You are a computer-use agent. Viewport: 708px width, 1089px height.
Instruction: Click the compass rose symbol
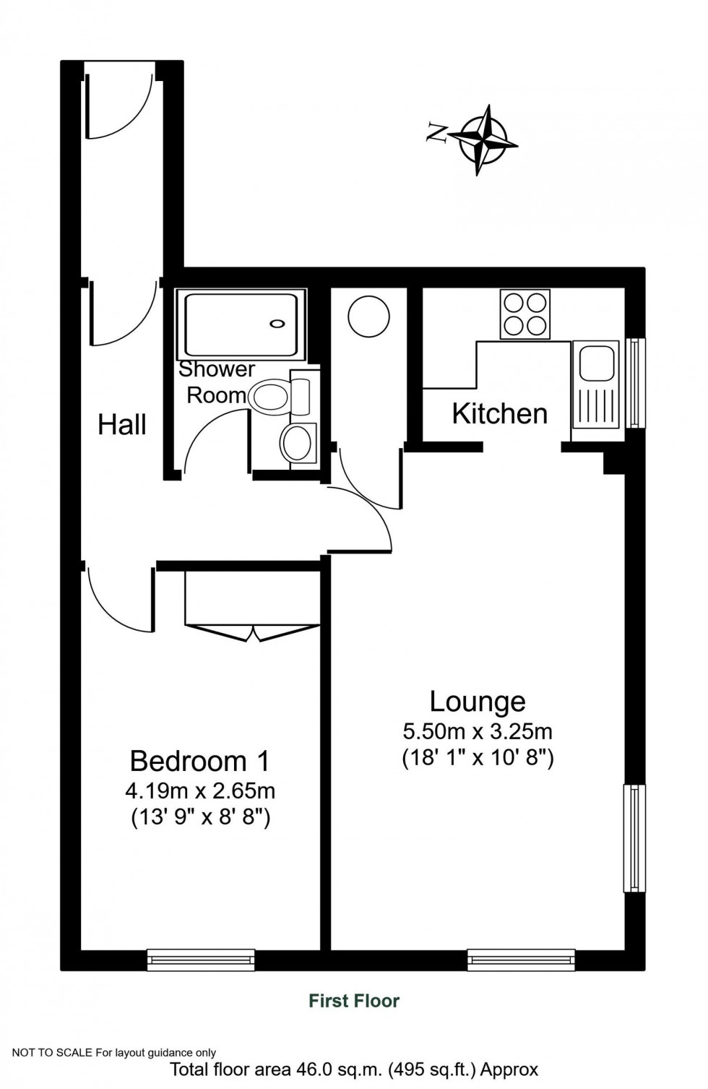pyautogui.click(x=483, y=139)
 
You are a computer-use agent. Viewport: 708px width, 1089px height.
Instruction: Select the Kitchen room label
pyautogui.click(x=499, y=414)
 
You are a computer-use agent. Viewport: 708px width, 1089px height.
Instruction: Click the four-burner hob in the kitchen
pyautogui.click(x=524, y=314)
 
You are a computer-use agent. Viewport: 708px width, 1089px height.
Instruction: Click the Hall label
pyautogui.click(x=122, y=424)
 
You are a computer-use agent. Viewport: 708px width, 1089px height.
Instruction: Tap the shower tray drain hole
pyautogui.click(x=277, y=324)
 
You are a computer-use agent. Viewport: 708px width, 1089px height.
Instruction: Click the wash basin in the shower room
pyautogui.click(x=297, y=442)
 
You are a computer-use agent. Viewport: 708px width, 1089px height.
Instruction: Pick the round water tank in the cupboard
pyautogui.click(x=368, y=316)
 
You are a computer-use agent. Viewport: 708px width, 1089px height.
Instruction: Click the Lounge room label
pyautogui.click(x=478, y=701)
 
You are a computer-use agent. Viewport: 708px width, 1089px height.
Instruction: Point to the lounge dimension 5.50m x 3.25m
pyautogui.click(x=478, y=731)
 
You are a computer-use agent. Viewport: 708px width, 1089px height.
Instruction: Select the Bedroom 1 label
pyautogui.click(x=200, y=761)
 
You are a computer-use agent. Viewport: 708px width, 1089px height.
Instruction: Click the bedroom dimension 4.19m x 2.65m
pyautogui.click(x=200, y=791)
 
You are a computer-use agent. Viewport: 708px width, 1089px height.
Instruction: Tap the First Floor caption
pyautogui.click(x=354, y=1001)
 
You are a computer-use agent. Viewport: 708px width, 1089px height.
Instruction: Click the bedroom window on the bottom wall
pyautogui.click(x=201, y=959)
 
